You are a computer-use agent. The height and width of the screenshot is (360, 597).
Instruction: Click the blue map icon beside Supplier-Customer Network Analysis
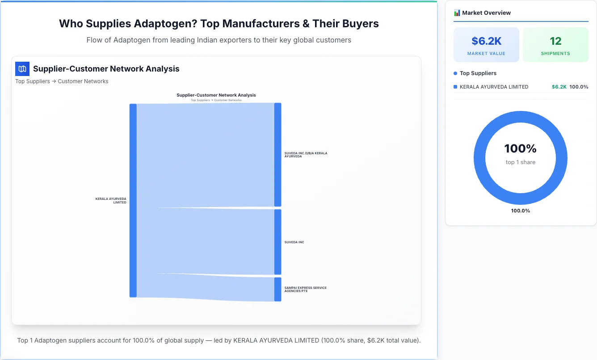22,69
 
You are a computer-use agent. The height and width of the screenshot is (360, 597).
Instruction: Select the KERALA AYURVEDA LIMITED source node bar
133,200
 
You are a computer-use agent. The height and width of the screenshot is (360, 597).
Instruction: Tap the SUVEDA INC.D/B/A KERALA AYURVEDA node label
306,155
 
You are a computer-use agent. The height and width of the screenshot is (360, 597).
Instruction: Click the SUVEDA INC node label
294,242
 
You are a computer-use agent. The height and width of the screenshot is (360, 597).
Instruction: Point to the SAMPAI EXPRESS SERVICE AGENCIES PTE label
305,289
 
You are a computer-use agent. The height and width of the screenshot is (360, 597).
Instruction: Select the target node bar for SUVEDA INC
277,242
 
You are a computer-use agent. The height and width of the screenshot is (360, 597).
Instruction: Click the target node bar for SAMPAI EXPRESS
277,289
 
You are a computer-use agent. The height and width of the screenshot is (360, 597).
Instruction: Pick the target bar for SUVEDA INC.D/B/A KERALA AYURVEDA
277,155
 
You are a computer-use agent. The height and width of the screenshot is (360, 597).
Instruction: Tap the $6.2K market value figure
486,41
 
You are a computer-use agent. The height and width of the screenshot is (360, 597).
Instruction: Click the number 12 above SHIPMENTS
555,41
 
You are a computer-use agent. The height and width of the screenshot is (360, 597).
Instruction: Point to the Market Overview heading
486,13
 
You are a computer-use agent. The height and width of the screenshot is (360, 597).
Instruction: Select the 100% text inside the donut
520,148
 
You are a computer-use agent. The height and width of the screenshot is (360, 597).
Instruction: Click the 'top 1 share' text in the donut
520,162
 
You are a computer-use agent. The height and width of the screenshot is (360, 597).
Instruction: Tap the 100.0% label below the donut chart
520,211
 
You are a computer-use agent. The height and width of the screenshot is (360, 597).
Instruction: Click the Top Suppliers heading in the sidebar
478,73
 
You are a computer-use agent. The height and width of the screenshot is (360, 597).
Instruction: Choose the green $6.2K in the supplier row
559,87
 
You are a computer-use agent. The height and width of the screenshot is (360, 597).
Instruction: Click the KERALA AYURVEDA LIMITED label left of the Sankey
111,200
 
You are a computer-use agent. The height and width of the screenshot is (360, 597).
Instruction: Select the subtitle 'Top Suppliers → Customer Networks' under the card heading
62,81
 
